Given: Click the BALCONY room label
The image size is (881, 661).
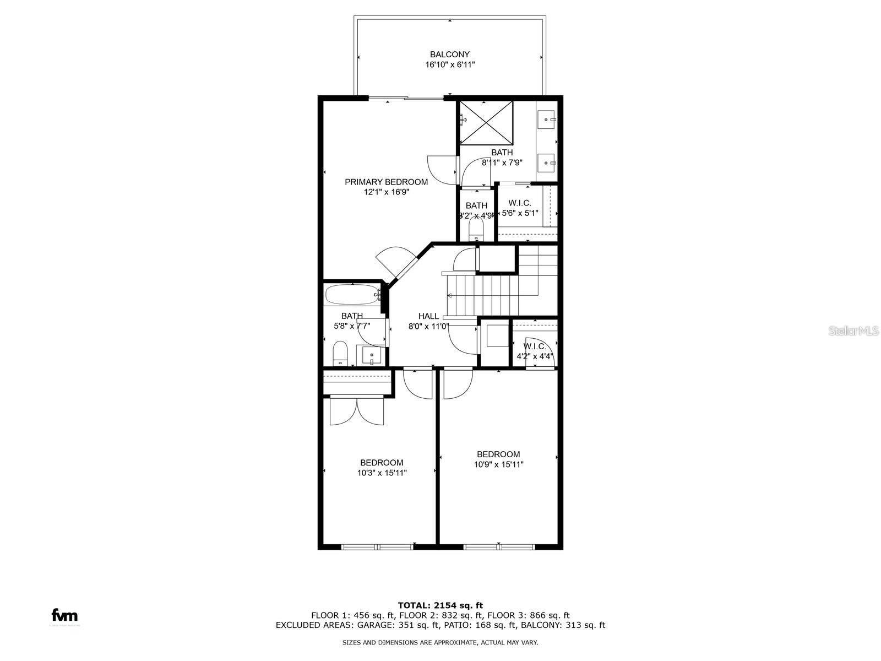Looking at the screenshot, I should click(449, 55).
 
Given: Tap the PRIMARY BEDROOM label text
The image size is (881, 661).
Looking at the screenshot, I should click(386, 182).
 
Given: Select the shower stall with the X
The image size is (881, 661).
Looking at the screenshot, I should click(486, 123).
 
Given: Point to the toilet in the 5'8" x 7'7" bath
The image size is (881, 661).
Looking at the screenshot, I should click(340, 353).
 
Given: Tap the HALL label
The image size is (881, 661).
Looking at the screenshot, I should click(428, 316).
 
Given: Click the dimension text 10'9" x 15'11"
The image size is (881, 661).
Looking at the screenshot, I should click(498, 464).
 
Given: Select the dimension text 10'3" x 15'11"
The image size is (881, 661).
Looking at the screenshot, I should click(382, 473).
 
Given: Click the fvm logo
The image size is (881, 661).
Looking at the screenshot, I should click(64, 615).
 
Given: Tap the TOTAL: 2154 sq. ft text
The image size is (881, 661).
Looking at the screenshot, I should click(440, 605).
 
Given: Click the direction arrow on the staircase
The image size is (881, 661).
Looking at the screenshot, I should click(449, 296).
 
